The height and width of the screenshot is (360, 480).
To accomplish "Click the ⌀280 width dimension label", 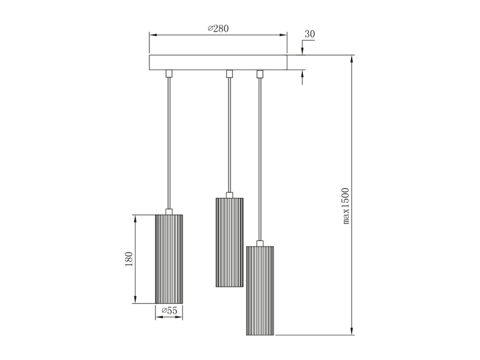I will (218, 28).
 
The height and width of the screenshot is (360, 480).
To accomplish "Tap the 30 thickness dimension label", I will (310, 34).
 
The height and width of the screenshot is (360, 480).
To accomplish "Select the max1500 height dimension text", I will (346, 206).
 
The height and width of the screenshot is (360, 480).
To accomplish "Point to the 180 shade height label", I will (129, 259).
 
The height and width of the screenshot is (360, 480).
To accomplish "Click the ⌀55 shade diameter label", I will (169, 311).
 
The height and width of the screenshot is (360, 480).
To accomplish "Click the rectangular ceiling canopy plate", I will (218, 62).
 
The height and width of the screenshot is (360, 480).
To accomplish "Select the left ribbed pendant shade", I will (169, 259).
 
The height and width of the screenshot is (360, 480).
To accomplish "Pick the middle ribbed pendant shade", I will (229, 241).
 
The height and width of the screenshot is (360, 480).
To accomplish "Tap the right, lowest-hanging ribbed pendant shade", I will (260, 290).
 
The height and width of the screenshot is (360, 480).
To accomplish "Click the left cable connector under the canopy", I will (169, 74).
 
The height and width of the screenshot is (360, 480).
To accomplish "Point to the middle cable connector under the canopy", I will (229, 74).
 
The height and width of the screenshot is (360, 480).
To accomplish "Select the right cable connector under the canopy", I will (260, 74).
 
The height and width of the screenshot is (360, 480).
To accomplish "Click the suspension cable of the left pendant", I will (169, 144).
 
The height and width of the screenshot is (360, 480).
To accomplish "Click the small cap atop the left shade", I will (169, 211).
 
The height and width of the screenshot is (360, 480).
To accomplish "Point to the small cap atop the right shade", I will (260, 242).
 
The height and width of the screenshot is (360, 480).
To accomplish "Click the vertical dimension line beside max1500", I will (353, 150).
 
